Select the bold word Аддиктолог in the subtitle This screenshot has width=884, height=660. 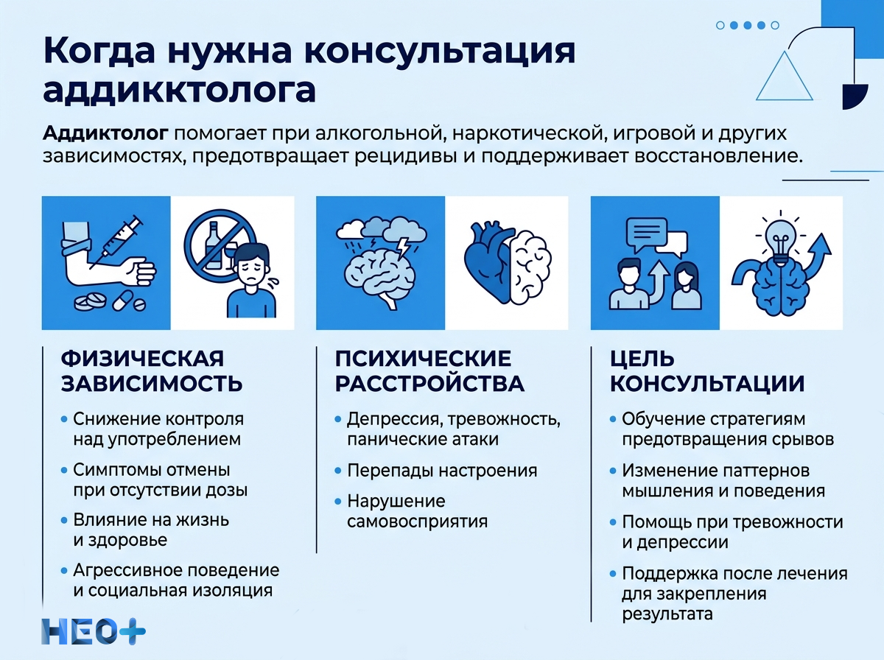click(106, 133)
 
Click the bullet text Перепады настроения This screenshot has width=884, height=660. click(442, 470)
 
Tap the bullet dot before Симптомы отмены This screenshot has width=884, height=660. click(65, 470)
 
